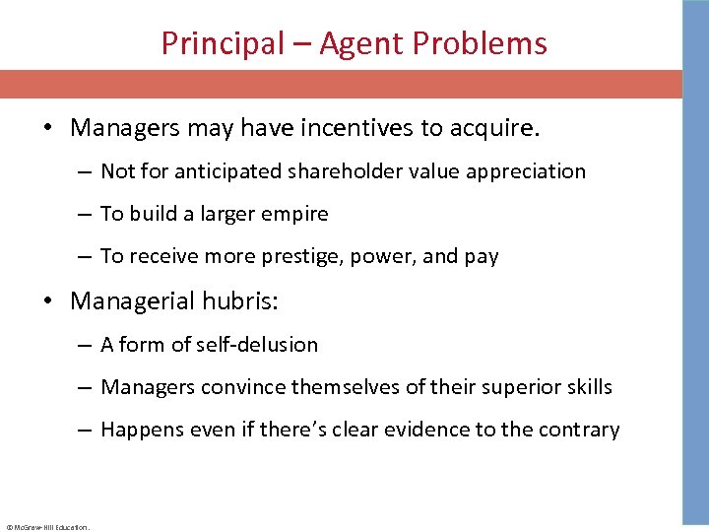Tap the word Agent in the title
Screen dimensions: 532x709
(x=367, y=43)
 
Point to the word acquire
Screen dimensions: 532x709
(x=501, y=129)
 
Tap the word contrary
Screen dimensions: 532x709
(x=580, y=430)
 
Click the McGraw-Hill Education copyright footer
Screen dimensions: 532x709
(x=47, y=527)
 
